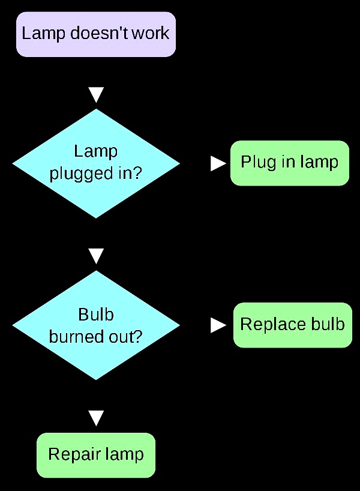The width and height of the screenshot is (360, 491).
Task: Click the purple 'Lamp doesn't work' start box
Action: [x=96, y=34]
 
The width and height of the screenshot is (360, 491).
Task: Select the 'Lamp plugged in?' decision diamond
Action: [x=96, y=163]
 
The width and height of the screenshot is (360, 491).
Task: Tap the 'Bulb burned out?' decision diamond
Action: [x=96, y=325]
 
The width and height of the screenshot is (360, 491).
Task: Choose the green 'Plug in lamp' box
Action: [x=289, y=163]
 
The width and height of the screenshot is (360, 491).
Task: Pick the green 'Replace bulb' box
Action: [x=292, y=325]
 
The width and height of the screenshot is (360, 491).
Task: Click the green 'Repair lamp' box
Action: [x=96, y=455]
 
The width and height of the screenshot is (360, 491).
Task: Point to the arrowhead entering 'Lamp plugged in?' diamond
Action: [x=96, y=95]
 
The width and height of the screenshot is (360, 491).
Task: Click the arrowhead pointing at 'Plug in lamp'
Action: [x=218, y=163]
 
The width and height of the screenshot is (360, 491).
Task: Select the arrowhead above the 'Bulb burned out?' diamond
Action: [x=96, y=256]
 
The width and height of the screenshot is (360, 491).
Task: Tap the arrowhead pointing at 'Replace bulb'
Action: [x=218, y=325]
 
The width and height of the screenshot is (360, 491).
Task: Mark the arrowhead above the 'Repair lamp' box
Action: [x=96, y=418]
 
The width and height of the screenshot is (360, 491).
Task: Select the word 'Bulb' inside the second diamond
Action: [x=96, y=315]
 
